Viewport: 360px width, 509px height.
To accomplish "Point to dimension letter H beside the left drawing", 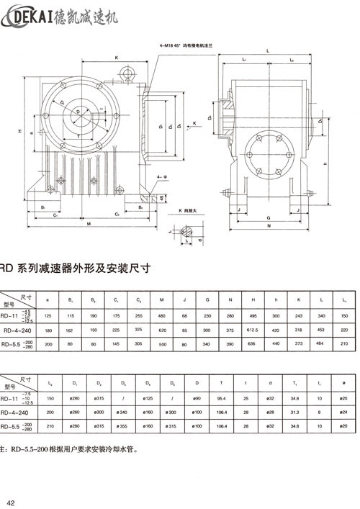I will (21, 132).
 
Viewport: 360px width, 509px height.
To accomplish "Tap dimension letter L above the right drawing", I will (267, 50).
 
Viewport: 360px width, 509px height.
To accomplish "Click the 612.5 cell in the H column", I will (252, 330).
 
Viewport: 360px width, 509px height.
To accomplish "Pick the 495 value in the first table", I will (252, 315).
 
